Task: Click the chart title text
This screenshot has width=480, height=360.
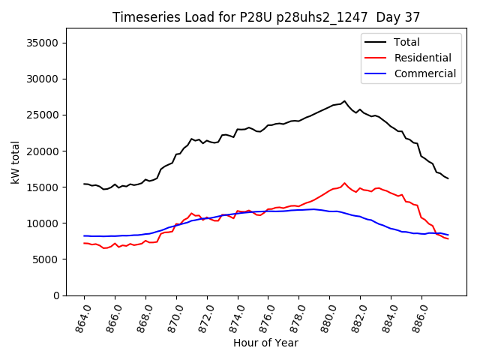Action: pyautogui.click(x=266, y=16)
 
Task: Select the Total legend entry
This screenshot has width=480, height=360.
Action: pyautogui.click(x=406, y=42)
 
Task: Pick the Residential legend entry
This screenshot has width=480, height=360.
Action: pyautogui.click(x=422, y=58)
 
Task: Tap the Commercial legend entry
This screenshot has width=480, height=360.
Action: pyautogui.click(x=424, y=73)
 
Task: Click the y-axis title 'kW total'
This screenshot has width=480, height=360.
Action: pyautogui.click(x=16, y=162)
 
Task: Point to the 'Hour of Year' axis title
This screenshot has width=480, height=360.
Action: pyautogui.click(x=265, y=343)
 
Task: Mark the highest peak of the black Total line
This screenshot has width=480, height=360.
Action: pyautogui.click(x=344, y=101)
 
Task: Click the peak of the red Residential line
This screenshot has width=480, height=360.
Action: pyautogui.click(x=344, y=183)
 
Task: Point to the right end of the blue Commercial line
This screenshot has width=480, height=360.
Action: pyautogui.click(x=448, y=235)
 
